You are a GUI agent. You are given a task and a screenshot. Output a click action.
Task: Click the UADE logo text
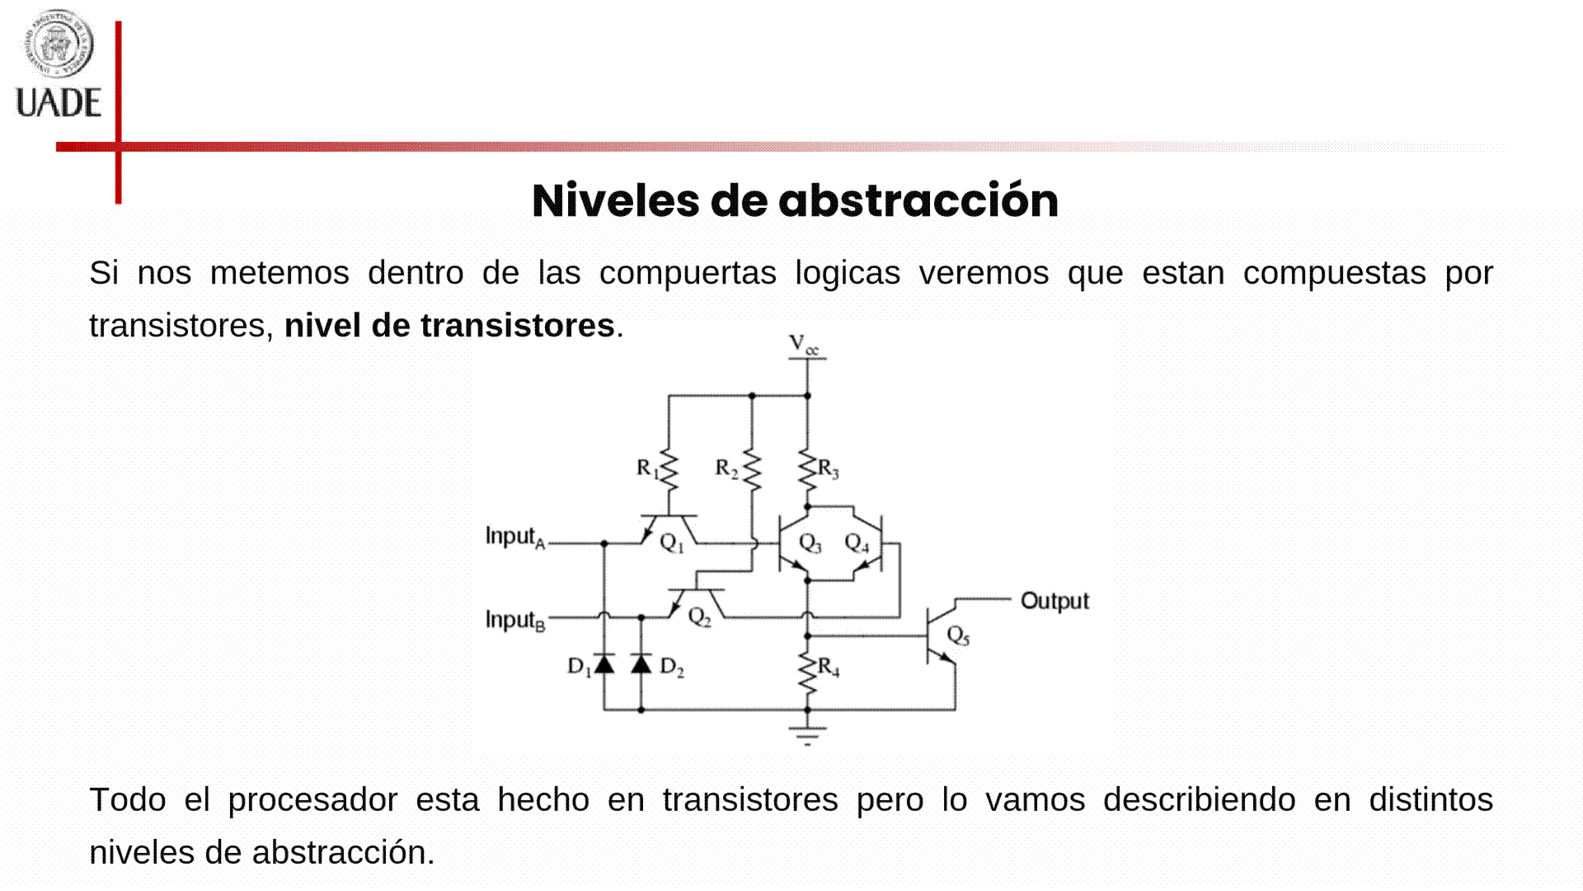(x=59, y=103)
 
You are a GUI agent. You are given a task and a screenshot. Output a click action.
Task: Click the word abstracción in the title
(x=918, y=200)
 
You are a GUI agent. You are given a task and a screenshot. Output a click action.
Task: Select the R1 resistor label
(x=648, y=469)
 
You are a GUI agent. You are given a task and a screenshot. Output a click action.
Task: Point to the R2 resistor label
(x=726, y=469)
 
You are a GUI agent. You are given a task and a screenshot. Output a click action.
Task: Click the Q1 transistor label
(x=672, y=543)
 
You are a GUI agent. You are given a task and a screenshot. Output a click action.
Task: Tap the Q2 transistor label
(x=699, y=617)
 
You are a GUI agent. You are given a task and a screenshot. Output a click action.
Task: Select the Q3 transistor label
(x=810, y=543)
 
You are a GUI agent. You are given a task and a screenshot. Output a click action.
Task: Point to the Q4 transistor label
(x=857, y=543)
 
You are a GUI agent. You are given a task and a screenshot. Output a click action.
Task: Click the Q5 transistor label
(x=958, y=635)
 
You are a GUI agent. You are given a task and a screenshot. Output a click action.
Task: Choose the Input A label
(x=514, y=537)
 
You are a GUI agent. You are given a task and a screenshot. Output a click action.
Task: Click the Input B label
(x=514, y=620)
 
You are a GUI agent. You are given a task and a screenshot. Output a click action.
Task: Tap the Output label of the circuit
(x=1055, y=601)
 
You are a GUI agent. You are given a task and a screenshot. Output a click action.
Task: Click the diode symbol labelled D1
(x=604, y=662)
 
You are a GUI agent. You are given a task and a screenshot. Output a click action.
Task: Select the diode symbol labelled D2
(x=641, y=662)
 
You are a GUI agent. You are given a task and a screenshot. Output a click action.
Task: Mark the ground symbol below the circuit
(x=807, y=734)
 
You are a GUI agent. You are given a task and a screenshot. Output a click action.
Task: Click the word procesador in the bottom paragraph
(x=312, y=799)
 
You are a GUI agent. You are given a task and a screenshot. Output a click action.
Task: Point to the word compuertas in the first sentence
(x=688, y=272)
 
